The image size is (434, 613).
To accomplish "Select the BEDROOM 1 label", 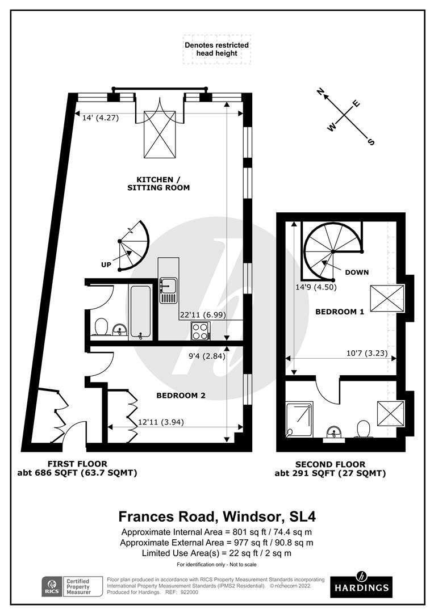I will pos(339,312).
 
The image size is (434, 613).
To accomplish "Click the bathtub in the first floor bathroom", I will pos(140,312).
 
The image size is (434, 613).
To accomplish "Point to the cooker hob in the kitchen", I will pos(201,330).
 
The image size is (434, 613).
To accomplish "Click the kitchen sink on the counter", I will pos(169,289).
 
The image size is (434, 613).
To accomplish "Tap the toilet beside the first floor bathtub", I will pos(102,327).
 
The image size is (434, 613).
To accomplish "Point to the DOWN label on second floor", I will pos(357,272).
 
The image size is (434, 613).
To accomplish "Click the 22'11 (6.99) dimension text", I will pos(201,314).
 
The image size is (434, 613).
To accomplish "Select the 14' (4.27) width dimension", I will pos(100,118).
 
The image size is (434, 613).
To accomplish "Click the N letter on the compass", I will pos(320,91).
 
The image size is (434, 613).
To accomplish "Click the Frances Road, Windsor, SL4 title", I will pos(216,517).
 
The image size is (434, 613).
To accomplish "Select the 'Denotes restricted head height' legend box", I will pos(216,49).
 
